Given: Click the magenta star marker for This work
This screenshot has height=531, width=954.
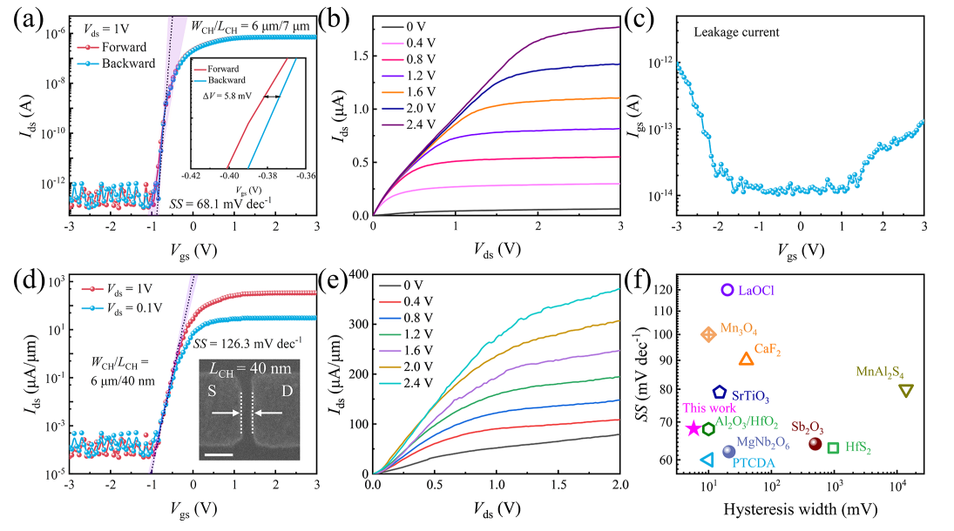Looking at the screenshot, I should pyautogui.click(x=694, y=427).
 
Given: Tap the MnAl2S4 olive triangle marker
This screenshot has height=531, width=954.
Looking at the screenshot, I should pyautogui.click(x=905, y=391).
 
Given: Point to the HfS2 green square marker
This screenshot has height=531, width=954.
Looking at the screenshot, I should pyautogui.click(x=833, y=447).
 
